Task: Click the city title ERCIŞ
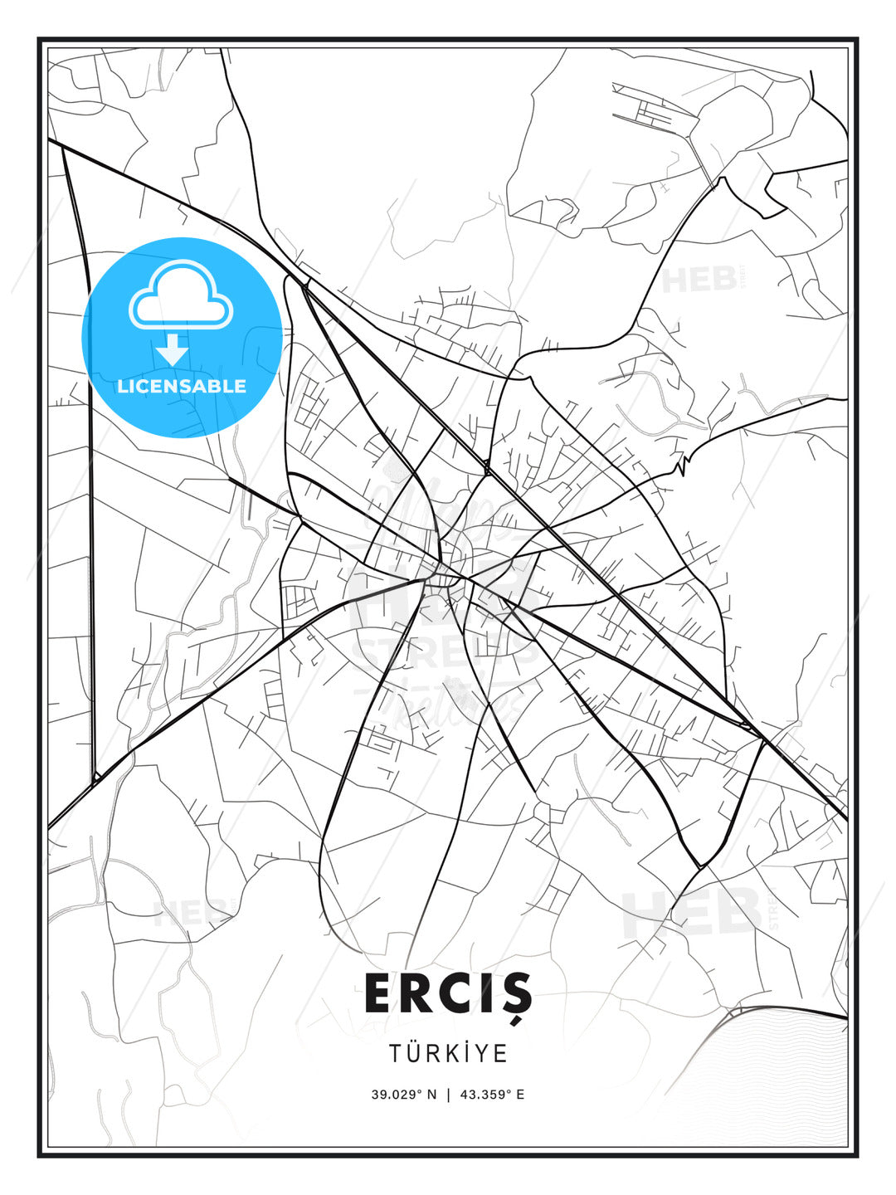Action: click(x=448, y=993)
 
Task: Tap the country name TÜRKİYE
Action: click(x=448, y=1053)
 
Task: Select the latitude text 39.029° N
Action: click(x=404, y=1095)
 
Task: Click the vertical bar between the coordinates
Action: click(x=449, y=1095)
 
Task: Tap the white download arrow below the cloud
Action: click(x=173, y=350)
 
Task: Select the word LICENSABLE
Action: click(x=182, y=386)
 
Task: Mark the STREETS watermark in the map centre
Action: click(x=444, y=652)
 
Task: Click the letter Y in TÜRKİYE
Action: click(x=480, y=1053)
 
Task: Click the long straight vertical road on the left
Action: click(x=90, y=581)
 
